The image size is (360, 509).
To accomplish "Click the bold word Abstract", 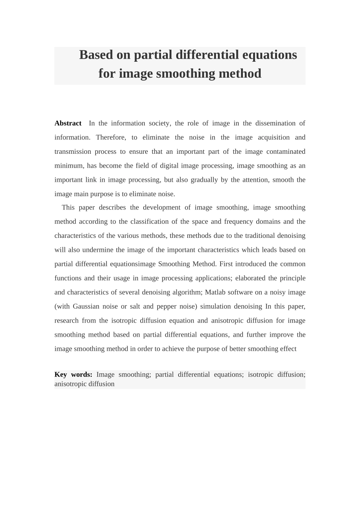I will click(68, 123).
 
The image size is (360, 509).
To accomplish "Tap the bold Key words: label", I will click(73, 375).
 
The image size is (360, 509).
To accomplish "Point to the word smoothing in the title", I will click(185, 73).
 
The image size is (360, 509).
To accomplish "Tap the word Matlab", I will click(215, 292).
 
